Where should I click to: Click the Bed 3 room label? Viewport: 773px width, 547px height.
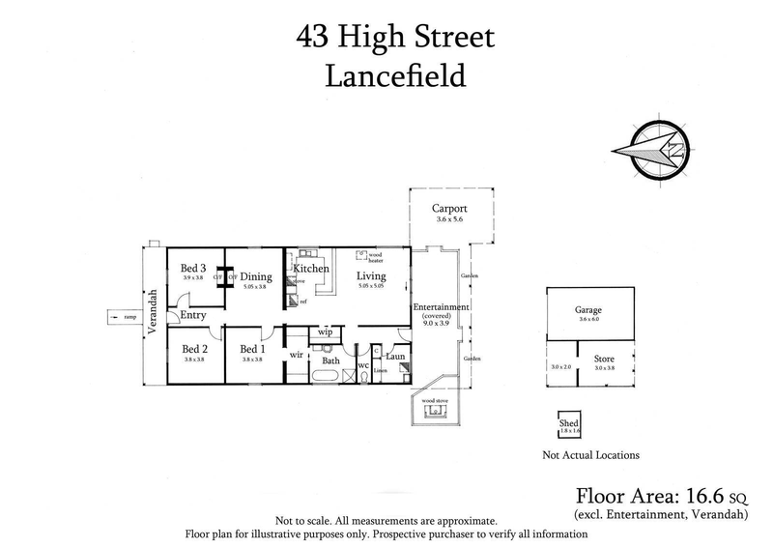193,268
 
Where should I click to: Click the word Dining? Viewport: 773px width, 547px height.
256,276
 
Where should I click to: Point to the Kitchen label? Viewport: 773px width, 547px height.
312,268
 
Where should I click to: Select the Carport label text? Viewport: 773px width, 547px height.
450,208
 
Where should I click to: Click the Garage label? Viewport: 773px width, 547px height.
587,308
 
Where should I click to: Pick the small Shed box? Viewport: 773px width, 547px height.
569,426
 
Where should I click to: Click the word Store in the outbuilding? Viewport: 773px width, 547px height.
605,357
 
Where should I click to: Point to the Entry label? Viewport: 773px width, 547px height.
193,314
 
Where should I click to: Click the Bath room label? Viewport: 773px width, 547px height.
331,360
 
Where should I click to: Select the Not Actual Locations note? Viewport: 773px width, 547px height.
591,455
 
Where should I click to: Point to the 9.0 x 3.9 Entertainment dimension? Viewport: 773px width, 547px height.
441,324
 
